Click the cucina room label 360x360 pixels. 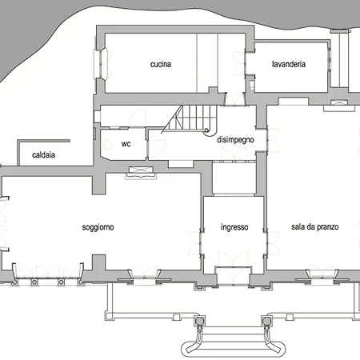tap(161, 64)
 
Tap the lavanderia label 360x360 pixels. tap(289, 64)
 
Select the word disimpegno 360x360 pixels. tap(235, 140)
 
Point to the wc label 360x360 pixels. tap(126, 144)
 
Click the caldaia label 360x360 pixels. tap(43, 155)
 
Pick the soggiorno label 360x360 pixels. tap(98, 227)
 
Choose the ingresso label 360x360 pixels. tap(234, 227)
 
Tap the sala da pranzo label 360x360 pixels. tap(315, 227)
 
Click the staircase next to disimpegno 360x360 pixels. tap(190, 119)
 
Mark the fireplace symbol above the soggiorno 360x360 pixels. tap(141, 172)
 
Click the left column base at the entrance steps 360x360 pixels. tap(199, 321)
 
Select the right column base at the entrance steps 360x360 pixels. tap(266, 321)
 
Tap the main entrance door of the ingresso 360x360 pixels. tap(233, 275)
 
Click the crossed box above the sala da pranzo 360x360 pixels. tap(339, 102)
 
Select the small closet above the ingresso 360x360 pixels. tap(234, 178)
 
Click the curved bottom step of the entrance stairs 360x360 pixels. tap(233, 349)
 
